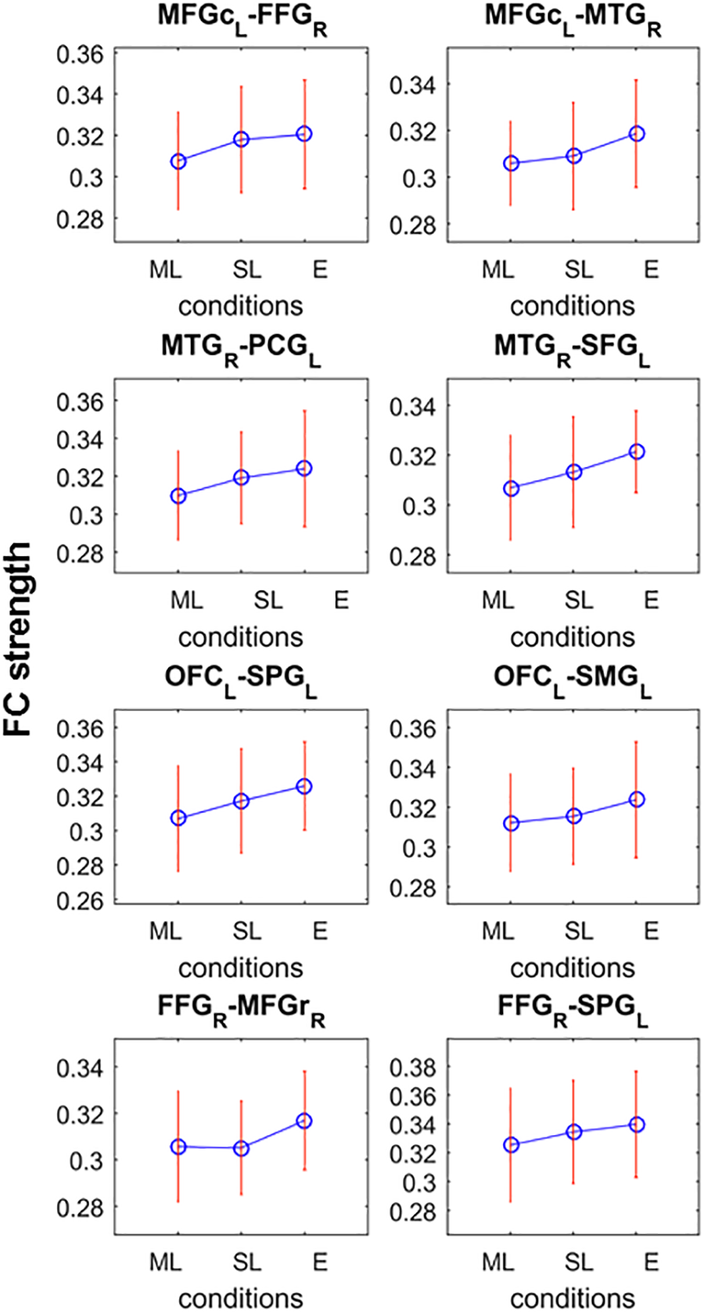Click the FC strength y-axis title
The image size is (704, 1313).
coord(17,639)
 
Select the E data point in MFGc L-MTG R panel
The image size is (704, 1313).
coord(637,134)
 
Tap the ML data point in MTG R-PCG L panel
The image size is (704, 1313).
coord(178,496)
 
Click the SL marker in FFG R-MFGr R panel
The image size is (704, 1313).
coord(241,1148)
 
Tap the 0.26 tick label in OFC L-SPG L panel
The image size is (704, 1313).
coord(80,900)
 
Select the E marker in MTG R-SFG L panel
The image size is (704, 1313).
coord(637,452)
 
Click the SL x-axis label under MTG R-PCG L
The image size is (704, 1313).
coord(268,600)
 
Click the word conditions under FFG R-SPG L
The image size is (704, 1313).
coord(572,1298)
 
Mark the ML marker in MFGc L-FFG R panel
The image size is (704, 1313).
coord(178,161)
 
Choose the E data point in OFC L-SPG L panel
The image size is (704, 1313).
coord(304,786)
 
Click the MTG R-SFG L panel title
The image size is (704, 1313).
coord(572,348)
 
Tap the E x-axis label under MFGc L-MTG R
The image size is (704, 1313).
coord(651,270)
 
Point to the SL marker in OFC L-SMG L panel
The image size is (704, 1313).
coord(574,816)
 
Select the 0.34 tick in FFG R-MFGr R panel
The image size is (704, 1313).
coord(80,1067)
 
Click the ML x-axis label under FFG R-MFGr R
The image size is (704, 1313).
coord(165,1262)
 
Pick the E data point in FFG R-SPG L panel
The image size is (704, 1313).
coord(637,1124)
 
